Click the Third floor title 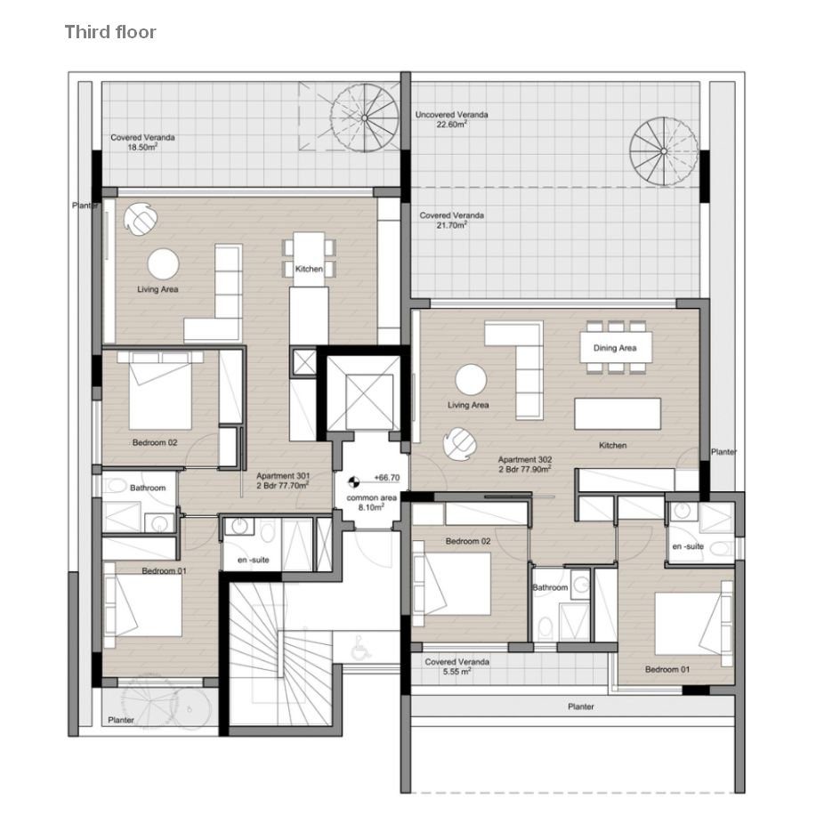[110, 32]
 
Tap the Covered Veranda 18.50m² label [142, 142]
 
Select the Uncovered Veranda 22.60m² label [451, 119]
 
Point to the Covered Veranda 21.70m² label [451, 220]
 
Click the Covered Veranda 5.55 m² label [456, 666]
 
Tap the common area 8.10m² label [371, 503]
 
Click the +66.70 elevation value [387, 478]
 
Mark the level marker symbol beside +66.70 [352, 482]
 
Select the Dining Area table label [615, 348]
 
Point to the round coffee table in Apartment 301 [163, 263]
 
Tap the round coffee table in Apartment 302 [471, 380]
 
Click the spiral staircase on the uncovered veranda [663, 151]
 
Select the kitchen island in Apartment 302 [618, 414]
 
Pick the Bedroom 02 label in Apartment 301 [155, 442]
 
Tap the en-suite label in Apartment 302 [688, 546]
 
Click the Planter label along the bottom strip [581, 707]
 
